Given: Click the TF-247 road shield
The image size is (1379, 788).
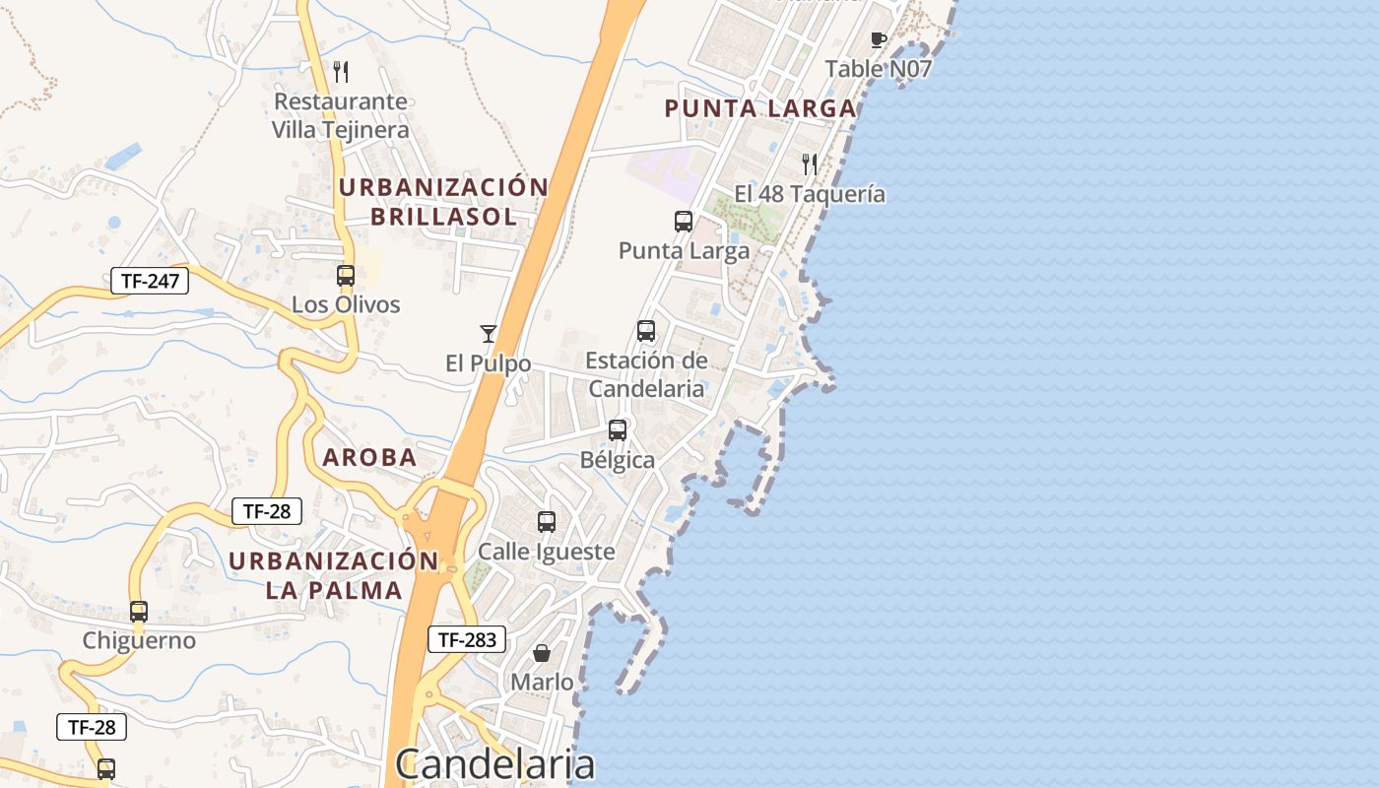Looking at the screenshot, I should click(149, 281).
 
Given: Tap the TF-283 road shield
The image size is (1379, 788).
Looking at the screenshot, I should click(467, 639).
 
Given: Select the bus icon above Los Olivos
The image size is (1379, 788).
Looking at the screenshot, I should click(346, 276).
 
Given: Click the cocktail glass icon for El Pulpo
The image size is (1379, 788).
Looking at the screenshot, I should click(488, 333).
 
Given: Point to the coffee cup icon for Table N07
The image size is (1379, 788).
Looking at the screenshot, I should click(879, 39).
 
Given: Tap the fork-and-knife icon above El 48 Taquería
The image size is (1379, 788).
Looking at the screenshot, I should click(810, 164).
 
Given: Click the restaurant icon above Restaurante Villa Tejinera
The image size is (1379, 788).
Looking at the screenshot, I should click(341, 71).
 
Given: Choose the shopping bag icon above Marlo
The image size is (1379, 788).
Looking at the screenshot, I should click(542, 652).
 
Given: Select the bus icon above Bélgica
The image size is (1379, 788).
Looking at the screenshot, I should click(618, 430).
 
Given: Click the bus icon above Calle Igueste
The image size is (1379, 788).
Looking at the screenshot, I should click(547, 522).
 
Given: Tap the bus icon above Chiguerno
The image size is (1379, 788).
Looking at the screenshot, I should click(139, 611).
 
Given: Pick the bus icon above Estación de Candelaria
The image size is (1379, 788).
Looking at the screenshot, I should click(646, 331).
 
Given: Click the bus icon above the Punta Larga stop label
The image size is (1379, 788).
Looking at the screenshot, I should click(684, 222).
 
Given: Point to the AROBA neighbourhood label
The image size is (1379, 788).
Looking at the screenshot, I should click(369, 457).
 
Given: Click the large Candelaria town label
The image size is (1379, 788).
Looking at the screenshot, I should click(495, 764).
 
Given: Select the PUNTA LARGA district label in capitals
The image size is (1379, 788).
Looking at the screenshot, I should click(760, 108).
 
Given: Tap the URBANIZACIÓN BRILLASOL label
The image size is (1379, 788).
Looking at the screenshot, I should click(443, 201).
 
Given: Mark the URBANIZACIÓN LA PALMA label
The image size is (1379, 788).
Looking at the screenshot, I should click(334, 575).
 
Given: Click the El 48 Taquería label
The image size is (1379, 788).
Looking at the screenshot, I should click(810, 194).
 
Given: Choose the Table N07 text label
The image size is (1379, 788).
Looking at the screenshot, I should click(879, 69).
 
